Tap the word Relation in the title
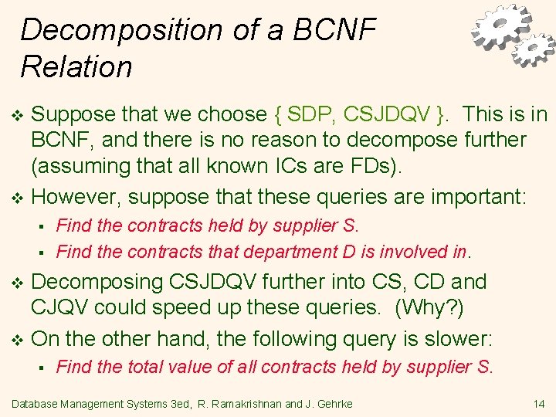point(76,67)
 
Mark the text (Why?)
point(429,307)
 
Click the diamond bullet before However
point(19,197)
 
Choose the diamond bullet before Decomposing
point(19,283)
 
